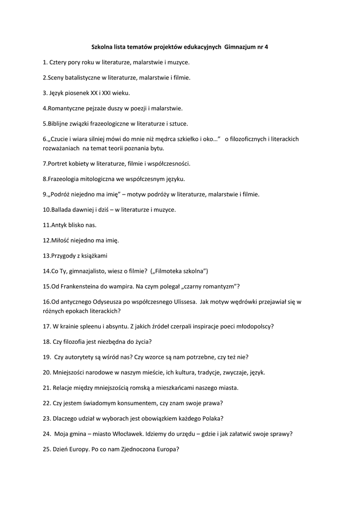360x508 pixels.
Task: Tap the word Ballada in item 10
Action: tap(64, 209)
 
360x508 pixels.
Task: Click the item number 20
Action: tap(47, 372)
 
